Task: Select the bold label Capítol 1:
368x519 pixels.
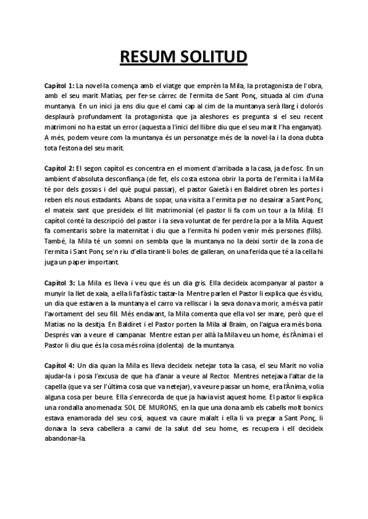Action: [x=59, y=84]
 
